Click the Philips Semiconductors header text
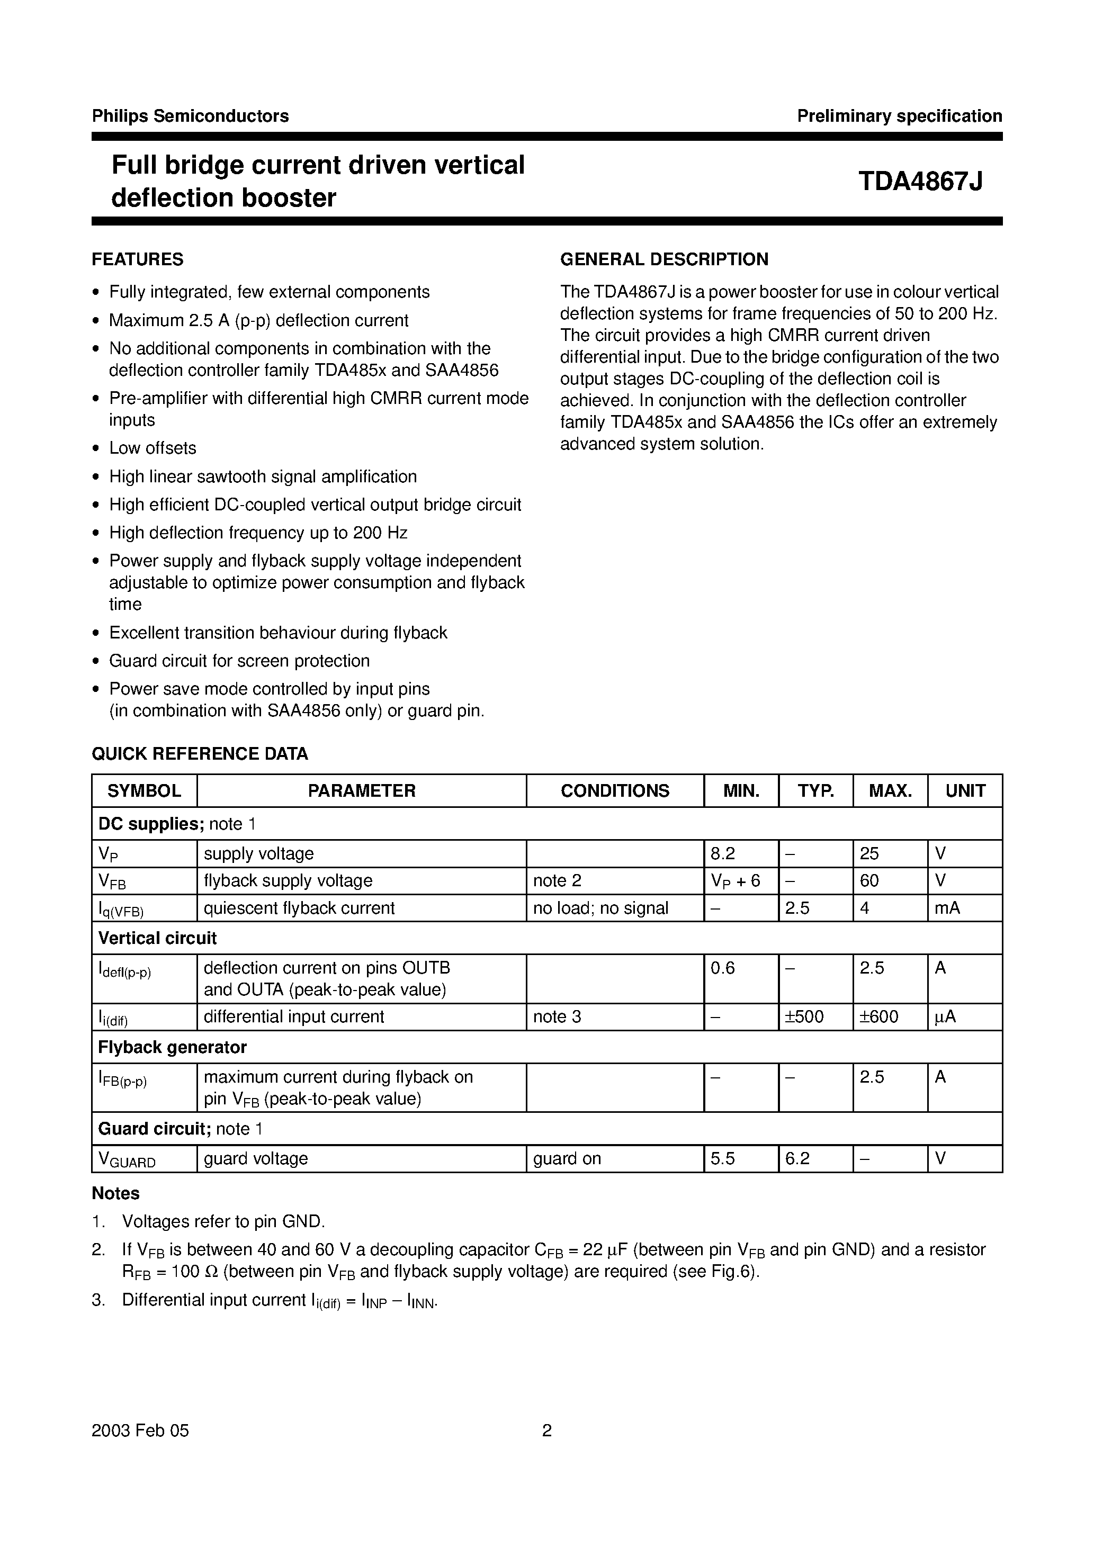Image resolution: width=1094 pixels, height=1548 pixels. tap(190, 116)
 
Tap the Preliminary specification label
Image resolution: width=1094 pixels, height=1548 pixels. tap(899, 116)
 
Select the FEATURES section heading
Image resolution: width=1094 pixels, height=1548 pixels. tap(138, 259)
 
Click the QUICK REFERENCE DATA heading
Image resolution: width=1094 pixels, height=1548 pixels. tap(200, 754)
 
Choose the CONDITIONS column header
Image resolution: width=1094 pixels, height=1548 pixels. tap(614, 790)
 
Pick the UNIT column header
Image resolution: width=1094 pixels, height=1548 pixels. tap(964, 790)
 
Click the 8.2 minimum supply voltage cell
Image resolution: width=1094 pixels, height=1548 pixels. tap(722, 853)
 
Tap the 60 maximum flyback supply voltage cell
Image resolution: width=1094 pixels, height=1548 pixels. tap(869, 880)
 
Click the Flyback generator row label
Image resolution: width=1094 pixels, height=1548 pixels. tap(172, 1047)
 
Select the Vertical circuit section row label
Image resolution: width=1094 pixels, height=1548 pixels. tap(157, 938)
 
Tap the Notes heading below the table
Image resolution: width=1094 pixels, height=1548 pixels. tap(115, 1193)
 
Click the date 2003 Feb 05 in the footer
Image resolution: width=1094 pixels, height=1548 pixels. tap(140, 1430)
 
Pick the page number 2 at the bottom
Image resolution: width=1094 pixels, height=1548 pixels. tap(547, 1430)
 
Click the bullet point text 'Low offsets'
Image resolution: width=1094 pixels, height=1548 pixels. tap(153, 448)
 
